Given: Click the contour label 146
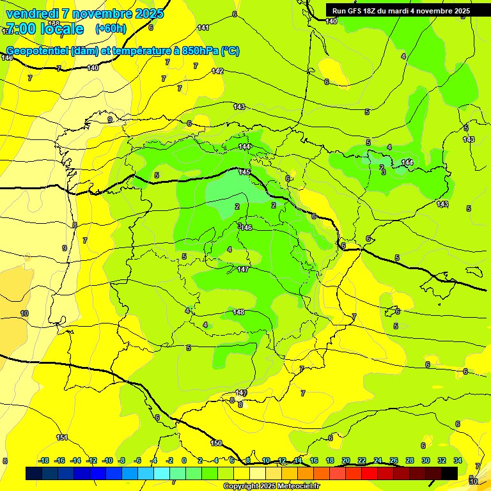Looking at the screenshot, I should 246,228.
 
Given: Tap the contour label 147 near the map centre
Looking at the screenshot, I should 243,269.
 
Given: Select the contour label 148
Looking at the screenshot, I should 238,312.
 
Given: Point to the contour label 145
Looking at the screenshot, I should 244,172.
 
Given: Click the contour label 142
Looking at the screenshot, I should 217,71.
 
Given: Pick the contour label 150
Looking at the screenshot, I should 216,443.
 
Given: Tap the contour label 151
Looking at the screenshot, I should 62,437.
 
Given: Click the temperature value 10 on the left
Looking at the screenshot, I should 24,313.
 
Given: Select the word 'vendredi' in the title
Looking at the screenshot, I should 32,13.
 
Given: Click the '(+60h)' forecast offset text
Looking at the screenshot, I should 111,28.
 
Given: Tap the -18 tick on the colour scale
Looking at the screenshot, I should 44,460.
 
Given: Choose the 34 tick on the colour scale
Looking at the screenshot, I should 458,460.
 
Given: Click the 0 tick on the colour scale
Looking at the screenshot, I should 184,460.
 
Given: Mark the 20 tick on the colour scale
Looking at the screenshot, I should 346,460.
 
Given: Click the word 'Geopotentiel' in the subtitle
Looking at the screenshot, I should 37,51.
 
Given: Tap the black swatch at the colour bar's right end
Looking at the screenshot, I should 449,473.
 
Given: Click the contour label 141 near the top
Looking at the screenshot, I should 203,27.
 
